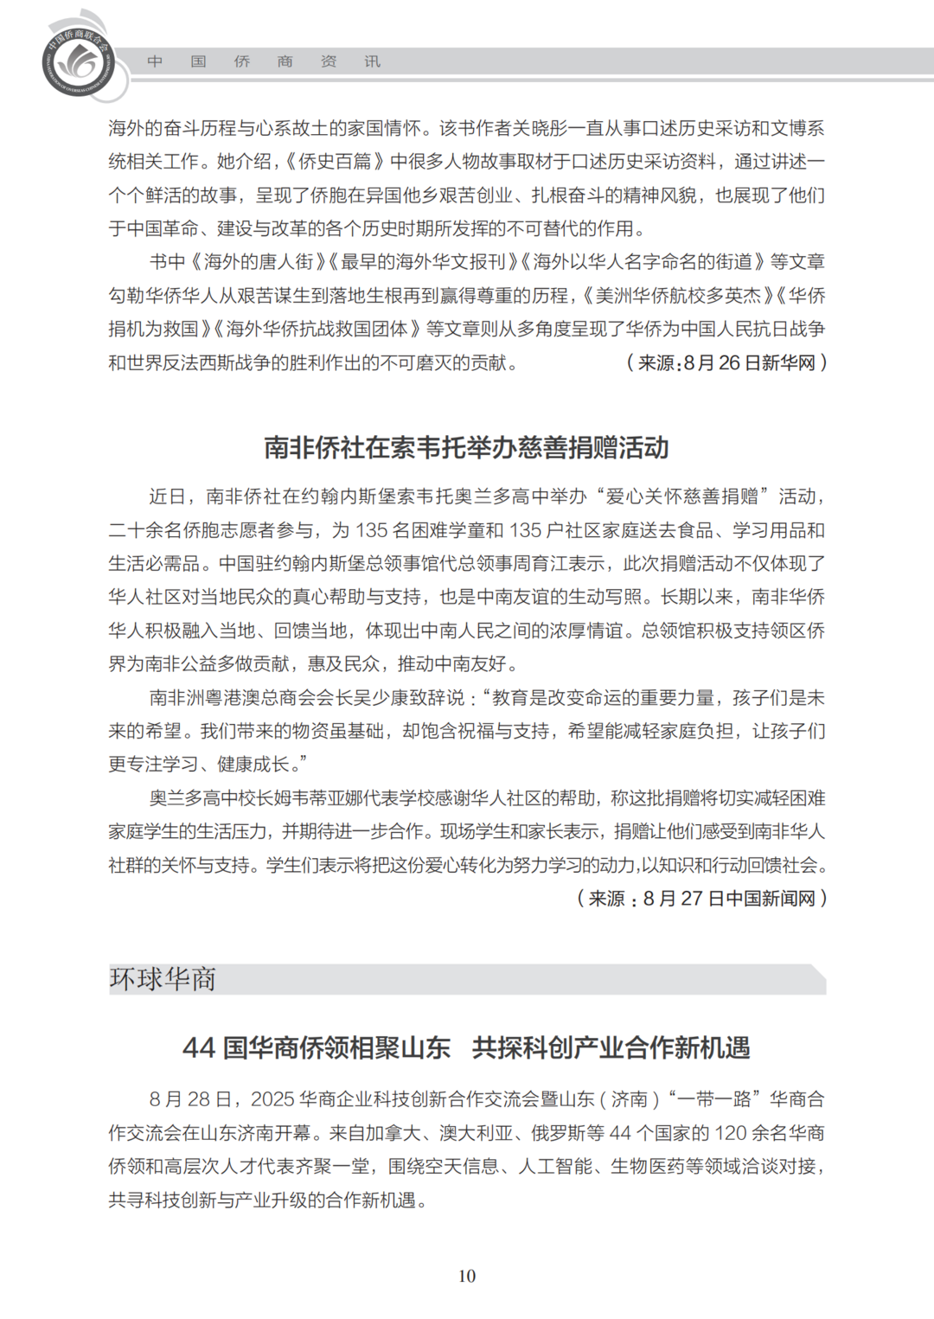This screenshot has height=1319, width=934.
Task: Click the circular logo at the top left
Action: tap(79, 61)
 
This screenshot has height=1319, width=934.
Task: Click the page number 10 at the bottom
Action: tap(467, 1276)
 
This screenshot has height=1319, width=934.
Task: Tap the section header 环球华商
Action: tap(163, 979)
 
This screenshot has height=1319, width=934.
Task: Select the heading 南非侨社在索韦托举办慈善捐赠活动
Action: tap(466, 447)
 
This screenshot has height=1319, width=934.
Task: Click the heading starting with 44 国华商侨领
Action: tap(466, 1047)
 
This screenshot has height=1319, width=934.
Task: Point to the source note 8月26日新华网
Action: tap(726, 363)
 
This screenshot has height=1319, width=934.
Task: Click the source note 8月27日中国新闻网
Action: tap(702, 899)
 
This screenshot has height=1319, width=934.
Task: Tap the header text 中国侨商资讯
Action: tap(264, 61)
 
